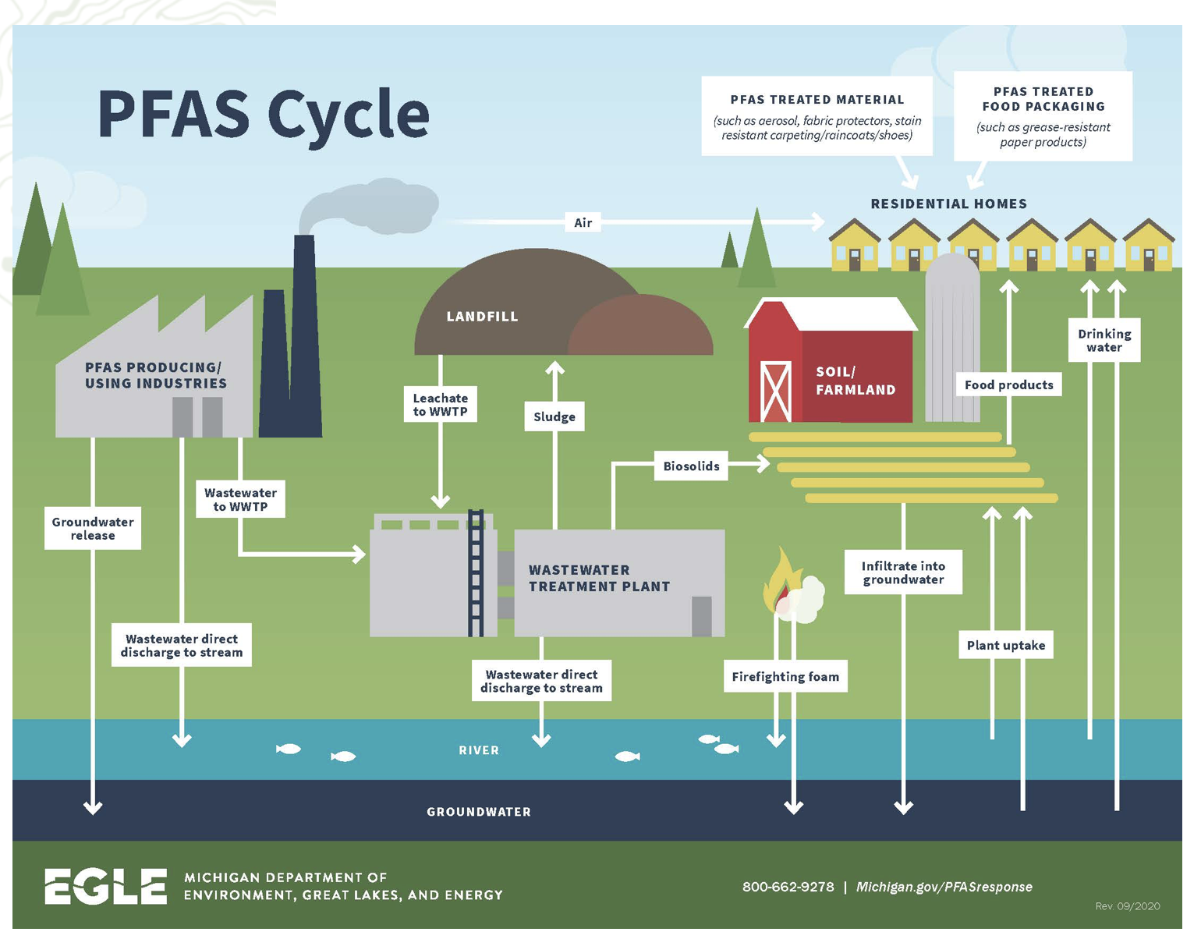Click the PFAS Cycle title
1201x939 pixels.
point(263,114)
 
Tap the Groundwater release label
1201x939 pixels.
point(93,528)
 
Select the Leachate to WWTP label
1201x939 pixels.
point(440,404)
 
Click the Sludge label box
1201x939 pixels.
point(554,416)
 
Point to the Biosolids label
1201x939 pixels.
point(691,466)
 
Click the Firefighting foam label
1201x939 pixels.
point(785,676)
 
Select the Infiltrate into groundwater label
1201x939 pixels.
point(903,572)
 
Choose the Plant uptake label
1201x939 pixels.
point(1005,645)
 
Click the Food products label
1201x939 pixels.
point(1008,384)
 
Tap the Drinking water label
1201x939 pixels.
point(1104,340)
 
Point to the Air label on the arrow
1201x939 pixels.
point(583,222)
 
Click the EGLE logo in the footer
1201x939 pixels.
point(106,887)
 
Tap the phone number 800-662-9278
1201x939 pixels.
point(788,887)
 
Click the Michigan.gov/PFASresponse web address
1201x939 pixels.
point(944,887)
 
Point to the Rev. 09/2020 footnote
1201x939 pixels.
point(1127,906)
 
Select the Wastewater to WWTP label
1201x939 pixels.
point(240,499)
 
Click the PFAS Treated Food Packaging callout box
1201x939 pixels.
point(1043,116)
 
